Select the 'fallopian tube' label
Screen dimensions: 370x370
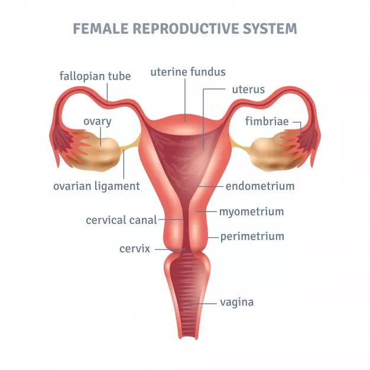95,76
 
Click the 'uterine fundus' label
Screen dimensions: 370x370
188,73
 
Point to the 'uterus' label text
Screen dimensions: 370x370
248,90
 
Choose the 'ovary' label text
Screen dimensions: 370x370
98,122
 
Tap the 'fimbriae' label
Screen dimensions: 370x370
267,122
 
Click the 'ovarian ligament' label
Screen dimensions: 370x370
96,186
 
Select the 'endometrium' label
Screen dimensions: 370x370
260,186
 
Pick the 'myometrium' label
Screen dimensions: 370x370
252,212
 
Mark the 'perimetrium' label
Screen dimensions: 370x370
252,236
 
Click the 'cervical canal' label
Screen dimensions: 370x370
121,220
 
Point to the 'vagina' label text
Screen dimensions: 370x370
236,302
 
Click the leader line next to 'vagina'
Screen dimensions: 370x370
206,303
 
